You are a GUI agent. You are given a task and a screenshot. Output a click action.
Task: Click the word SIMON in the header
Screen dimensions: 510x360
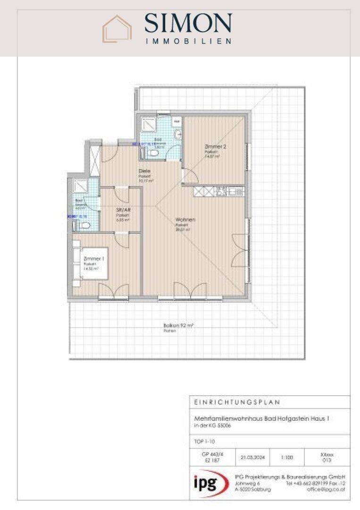point(188,23)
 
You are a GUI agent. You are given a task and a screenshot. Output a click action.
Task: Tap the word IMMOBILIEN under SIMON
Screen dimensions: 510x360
point(188,41)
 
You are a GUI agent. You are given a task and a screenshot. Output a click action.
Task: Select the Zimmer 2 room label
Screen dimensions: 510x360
point(215,147)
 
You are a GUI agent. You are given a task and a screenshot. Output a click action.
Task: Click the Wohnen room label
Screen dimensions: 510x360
point(185,220)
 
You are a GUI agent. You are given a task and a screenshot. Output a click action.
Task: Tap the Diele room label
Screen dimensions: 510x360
point(144,171)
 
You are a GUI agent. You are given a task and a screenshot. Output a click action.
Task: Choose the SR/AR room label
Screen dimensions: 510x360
point(123,210)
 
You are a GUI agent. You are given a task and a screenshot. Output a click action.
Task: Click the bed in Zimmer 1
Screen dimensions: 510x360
point(78,262)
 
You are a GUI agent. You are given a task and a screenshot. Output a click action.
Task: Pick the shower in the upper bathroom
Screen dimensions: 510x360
point(151,123)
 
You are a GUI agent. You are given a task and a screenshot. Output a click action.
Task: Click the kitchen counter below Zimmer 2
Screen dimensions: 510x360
point(218,191)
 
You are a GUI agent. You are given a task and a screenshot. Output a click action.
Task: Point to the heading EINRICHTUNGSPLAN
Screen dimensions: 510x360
point(237,402)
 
